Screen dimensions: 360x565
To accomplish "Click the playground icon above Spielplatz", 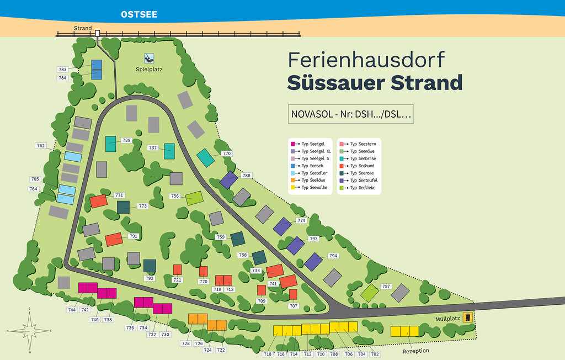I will [148, 58].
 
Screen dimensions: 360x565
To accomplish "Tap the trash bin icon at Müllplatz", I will [468, 317].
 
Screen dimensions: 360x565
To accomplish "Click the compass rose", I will [30, 330].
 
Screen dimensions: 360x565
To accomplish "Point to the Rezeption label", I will [415, 351].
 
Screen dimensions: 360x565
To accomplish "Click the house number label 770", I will [226, 153].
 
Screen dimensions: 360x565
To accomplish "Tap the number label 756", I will [175, 196].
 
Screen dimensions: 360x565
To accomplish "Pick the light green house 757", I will [369, 293].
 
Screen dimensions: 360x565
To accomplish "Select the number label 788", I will [246, 176].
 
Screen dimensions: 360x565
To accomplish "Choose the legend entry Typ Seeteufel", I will [360, 181].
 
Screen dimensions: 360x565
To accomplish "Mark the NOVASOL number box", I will [350, 114].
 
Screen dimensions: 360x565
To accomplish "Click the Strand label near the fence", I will [83, 28].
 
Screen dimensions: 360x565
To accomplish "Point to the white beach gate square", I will [98, 34].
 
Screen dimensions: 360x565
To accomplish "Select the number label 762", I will [41, 146].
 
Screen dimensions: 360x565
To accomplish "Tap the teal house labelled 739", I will [110, 144].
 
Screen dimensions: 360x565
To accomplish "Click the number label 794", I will [333, 256].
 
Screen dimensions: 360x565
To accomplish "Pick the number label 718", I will [268, 354].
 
